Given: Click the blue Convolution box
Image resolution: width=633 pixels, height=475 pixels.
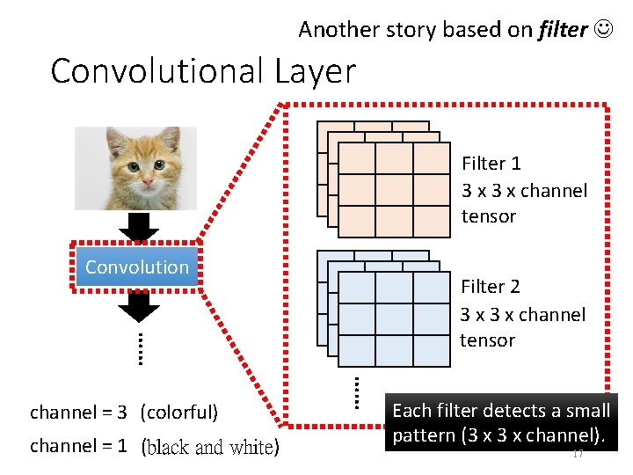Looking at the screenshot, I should click(137, 267).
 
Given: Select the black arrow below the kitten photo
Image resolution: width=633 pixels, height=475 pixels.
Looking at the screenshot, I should click(138, 227).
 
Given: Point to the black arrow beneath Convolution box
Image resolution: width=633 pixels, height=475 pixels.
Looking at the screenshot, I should click(138, 305).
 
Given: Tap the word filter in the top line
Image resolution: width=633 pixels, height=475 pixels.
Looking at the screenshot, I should click(563, 30).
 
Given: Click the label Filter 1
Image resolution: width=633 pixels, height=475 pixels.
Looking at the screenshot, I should click(491, 164).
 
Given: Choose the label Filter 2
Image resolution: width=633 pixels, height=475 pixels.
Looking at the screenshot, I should click(491, 287).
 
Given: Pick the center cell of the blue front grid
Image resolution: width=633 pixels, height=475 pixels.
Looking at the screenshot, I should click(394, 315).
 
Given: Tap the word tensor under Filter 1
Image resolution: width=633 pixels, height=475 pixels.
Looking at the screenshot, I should click(488, 216).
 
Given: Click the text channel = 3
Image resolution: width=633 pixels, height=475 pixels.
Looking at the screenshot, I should click(79, 413).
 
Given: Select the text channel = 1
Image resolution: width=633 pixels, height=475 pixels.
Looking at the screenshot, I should click(79, 446).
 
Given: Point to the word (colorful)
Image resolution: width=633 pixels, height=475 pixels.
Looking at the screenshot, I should click(178, 413).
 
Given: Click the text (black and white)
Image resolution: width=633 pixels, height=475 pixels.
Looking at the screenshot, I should click(210, 447).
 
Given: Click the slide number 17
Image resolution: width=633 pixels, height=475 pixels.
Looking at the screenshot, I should click(578, 453).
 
